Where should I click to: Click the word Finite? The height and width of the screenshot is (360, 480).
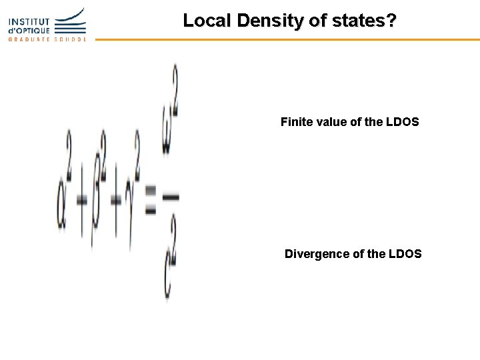pos(295,122)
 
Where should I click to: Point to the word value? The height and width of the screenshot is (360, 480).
pos(330,122)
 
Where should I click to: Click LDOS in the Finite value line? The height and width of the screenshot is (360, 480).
pos(402,122)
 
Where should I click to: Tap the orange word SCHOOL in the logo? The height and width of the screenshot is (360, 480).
pos(71,39)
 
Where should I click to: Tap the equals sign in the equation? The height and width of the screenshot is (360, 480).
pos(150,199)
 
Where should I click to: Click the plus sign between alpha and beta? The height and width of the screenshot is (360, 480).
pos(82,200)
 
